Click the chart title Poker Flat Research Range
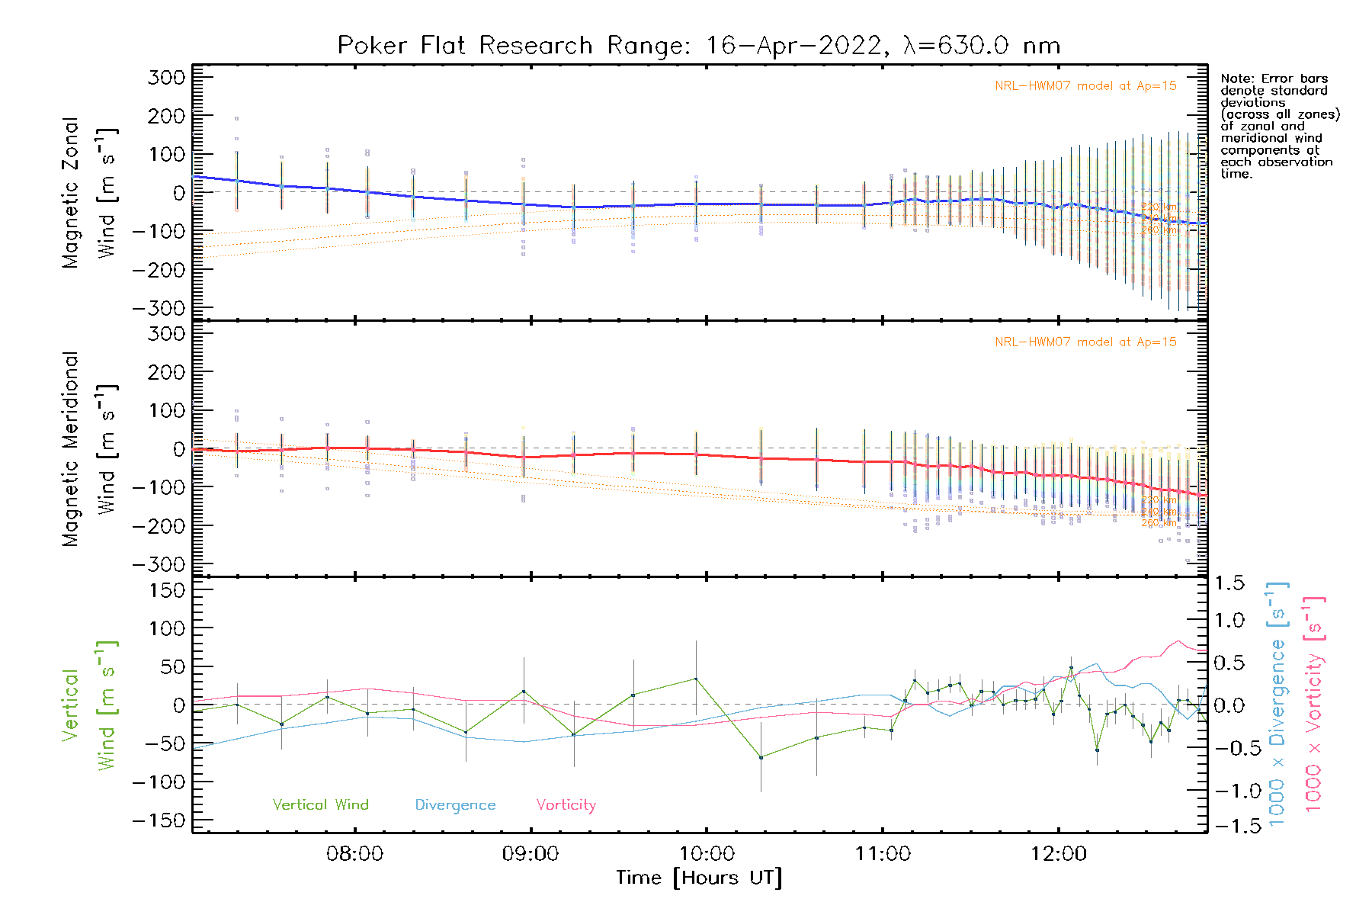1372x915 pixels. [x=698, y=46]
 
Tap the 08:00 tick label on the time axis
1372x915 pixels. [x=354, y=854]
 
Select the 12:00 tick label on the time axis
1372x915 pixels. [x=1059, y=854]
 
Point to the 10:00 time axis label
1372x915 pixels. [x=707, y=854]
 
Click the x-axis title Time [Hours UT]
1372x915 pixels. [x=699, y=878]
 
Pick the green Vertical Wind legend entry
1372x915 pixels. [x=320, y=805]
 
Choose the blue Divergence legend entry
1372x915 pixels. [x=455, y=805]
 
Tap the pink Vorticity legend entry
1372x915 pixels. [x=566, y=805]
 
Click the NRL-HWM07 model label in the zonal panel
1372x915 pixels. [x=1085, y=86]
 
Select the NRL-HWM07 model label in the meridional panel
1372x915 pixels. [x=1085, y=342]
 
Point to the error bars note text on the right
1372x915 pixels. [x=1279, y=126]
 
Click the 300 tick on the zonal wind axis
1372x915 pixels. [x=166, y=78]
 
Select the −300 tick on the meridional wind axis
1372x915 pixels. [x=159, y=564]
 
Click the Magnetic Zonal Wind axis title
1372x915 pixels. [x=88, y=193]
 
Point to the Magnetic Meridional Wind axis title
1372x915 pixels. [x=88, y=449]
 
